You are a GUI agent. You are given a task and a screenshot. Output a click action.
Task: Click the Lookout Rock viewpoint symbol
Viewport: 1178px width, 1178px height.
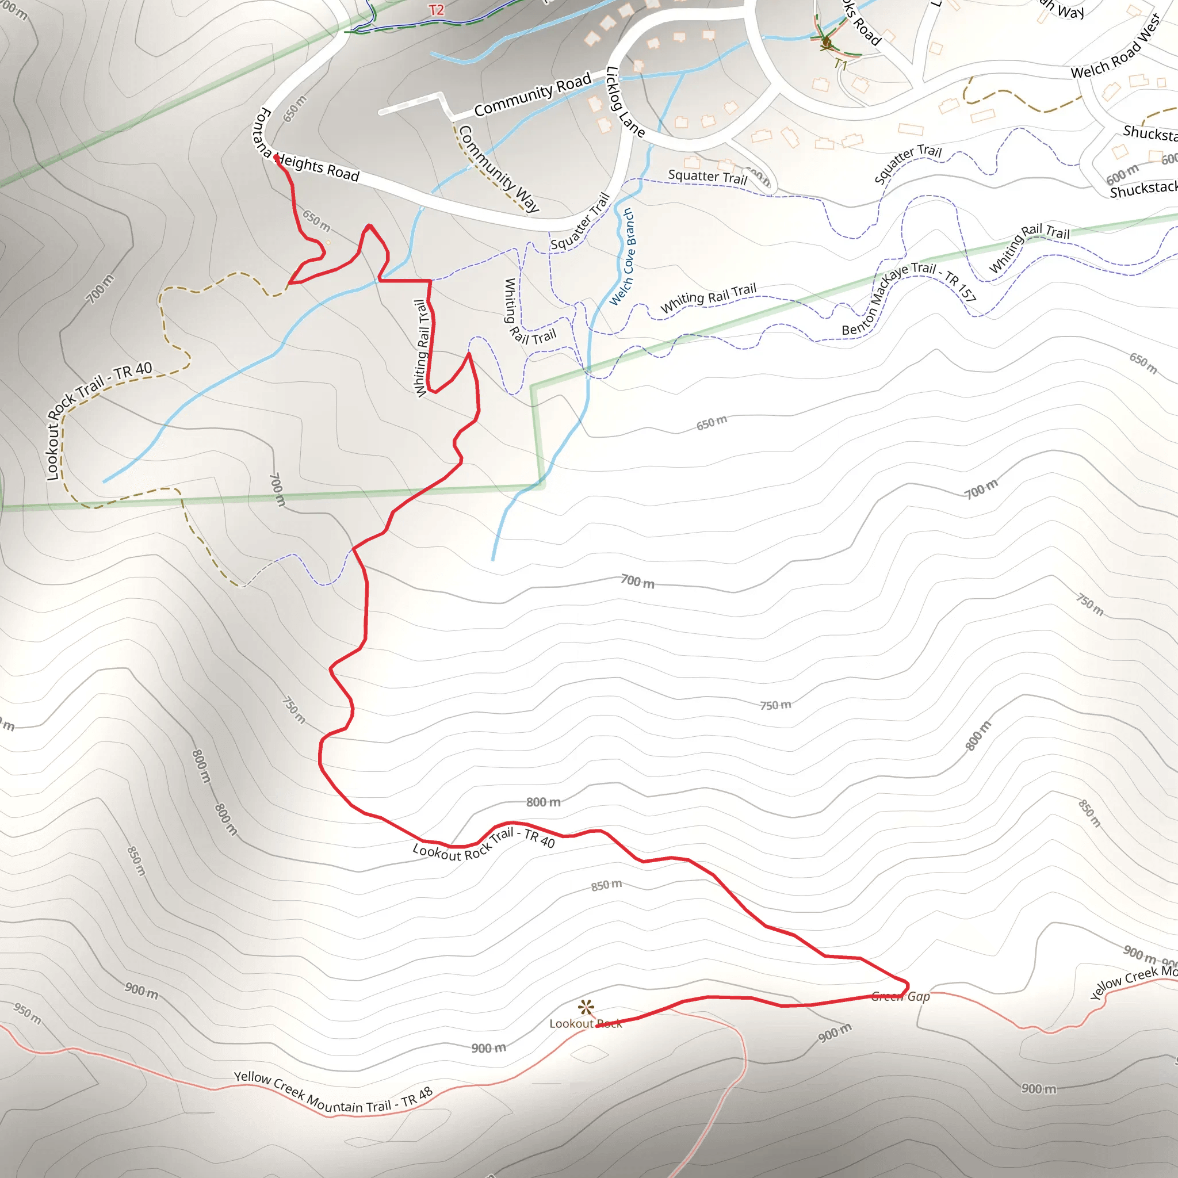click(586, 1007)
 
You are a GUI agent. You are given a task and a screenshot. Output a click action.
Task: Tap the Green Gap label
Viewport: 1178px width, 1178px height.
click(901, 996)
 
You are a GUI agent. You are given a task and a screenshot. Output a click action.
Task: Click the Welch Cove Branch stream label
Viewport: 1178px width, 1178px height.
click(622, 257)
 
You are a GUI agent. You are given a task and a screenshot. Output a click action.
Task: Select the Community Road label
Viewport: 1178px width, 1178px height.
click(532, 94)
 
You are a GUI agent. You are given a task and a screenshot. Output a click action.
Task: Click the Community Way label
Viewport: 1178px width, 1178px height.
click(499, 169)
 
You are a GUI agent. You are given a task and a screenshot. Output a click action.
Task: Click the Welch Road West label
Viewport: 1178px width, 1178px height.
click(1116, 48)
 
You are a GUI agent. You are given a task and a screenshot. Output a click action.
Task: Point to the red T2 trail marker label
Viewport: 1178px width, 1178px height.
click(437, 10)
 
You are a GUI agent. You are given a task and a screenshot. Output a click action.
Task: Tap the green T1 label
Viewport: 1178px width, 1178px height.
click(841, 64)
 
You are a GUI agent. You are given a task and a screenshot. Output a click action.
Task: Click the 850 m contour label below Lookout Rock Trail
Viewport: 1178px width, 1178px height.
click(607, 885)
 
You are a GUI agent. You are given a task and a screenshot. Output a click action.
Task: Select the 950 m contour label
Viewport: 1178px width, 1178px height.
click(28, 1014)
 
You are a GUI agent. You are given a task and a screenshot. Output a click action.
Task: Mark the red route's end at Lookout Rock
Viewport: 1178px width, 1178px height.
click(598, 1026)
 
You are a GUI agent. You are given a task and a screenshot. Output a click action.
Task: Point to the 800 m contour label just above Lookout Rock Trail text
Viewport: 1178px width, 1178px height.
click(543, 802)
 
